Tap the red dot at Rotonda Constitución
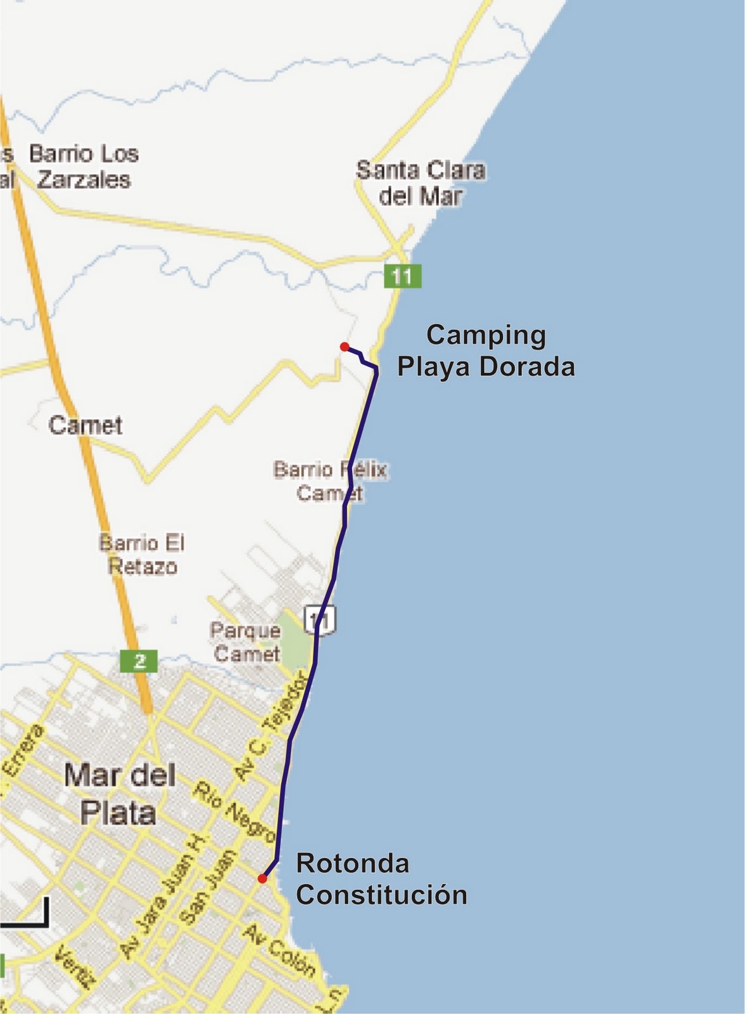(262, 878)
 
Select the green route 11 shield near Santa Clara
(402, 276)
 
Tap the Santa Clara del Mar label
(421, 183)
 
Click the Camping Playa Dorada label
(486, 351)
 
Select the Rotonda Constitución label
(381, 879)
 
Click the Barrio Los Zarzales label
(84, 167)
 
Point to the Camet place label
(86, 425)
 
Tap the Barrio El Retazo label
(142, 555)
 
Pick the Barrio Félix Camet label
(329, 481)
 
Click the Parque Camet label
(246, 642)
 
